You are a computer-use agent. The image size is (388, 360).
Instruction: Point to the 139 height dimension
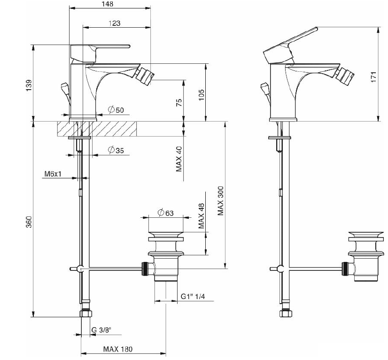coord(29,85)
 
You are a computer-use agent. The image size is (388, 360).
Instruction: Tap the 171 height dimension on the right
coord(373,76)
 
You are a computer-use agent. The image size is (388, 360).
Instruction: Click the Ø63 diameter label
coord(165,213)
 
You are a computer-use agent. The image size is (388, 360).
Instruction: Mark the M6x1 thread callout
coord(53,174)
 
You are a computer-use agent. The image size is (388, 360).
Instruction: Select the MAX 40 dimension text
coord(179,159)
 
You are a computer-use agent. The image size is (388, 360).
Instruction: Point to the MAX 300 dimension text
coord(220,201)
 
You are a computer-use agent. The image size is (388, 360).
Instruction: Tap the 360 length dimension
coord(29,222)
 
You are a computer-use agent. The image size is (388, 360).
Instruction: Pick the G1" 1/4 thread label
coord(193,296)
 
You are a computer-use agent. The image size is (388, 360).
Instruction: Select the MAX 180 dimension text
coord(117,349)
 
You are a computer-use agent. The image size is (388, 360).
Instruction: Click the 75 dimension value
coord(179,103)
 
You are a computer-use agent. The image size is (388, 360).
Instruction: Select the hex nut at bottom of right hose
coord(285,314)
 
